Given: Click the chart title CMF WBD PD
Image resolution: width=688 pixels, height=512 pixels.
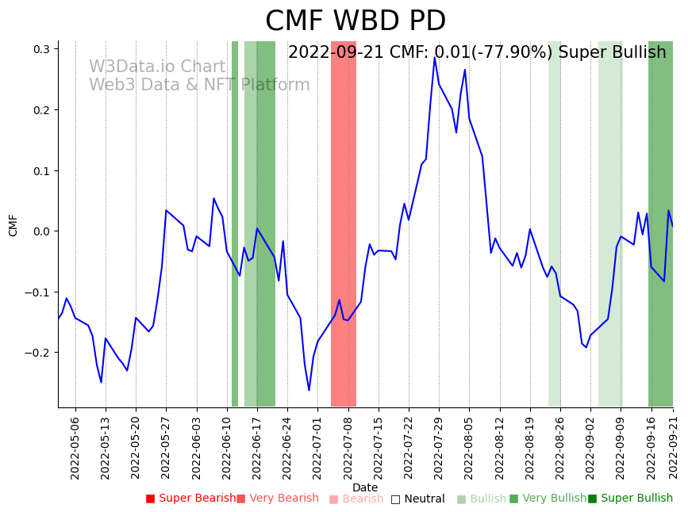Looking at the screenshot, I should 355,21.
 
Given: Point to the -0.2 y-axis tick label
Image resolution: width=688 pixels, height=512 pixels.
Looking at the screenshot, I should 37,353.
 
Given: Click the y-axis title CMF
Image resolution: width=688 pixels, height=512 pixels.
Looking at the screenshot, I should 13,224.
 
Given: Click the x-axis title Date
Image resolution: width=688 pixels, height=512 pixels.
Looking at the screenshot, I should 365,487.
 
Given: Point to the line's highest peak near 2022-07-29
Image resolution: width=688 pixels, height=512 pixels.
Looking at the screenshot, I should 434,58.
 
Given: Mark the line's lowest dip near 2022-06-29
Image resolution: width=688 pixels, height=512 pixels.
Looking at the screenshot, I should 309,390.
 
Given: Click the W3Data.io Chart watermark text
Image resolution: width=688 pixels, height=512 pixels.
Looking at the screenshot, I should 157,67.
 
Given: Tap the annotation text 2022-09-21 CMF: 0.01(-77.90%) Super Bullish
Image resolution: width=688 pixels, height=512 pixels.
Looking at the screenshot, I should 477,52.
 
